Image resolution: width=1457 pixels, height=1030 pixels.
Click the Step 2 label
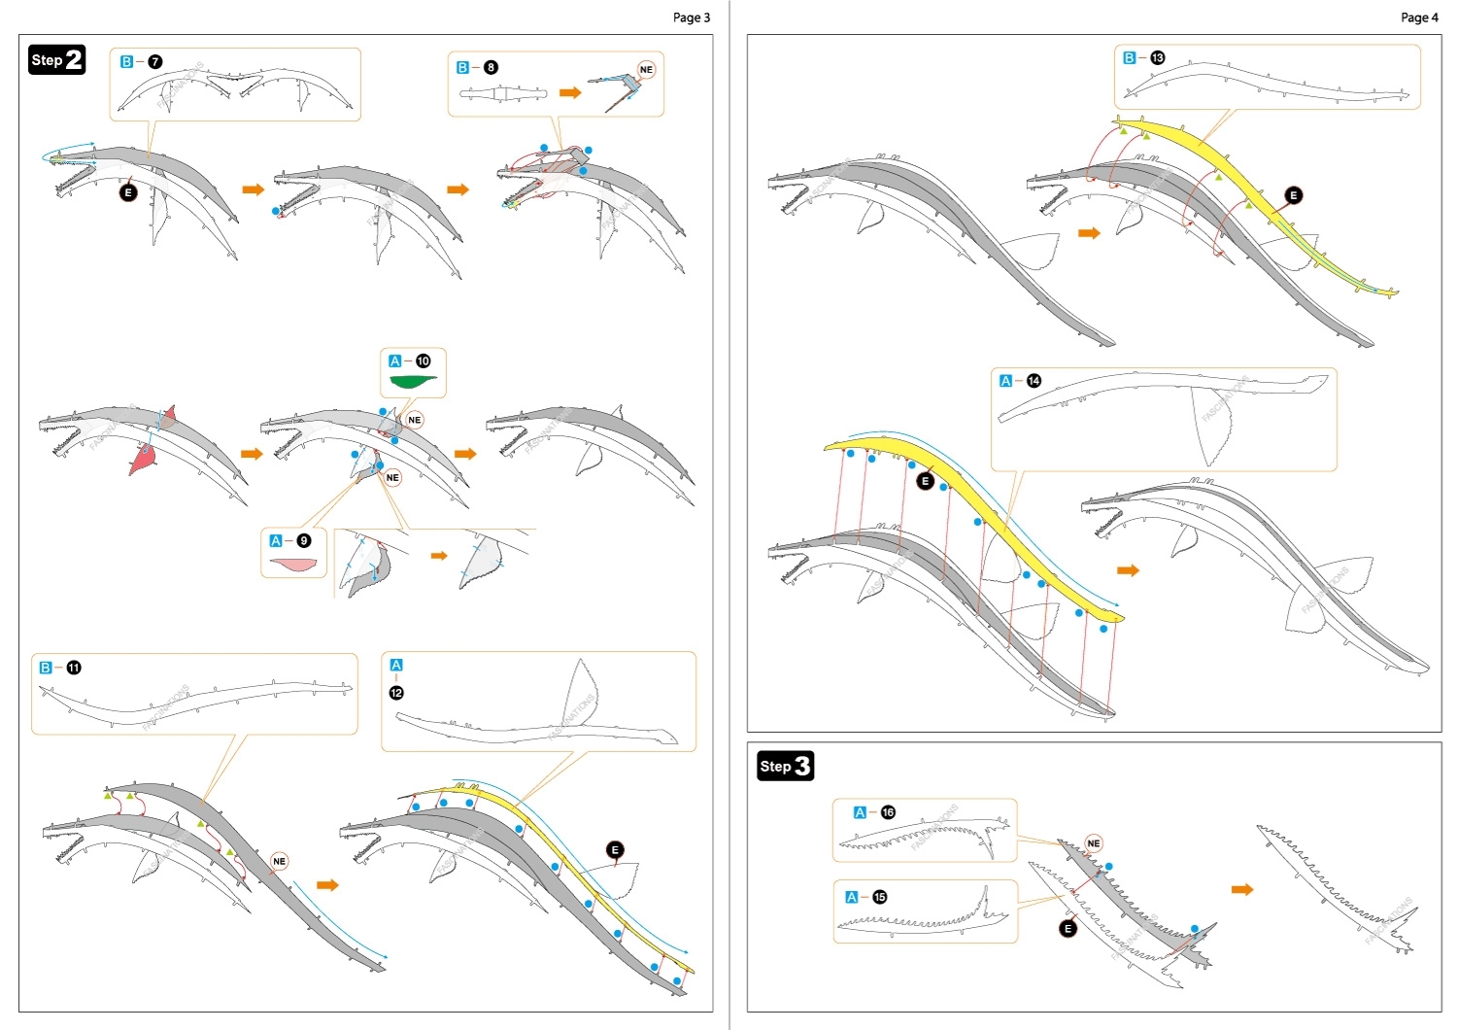[57, 60]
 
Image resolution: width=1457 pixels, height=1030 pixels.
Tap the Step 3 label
[785, 766]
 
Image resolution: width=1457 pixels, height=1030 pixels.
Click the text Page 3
[691, 17]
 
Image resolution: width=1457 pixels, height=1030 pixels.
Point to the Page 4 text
[1419, 17]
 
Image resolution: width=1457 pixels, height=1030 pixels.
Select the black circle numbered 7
[155, 62]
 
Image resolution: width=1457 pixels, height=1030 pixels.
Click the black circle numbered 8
[491, 68]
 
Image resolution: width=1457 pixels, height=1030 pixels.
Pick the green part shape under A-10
[413, 381]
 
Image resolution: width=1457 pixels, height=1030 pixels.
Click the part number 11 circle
[74, 669]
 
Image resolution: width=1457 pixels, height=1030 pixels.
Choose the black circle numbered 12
[396, 693]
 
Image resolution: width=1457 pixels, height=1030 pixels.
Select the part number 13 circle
[1157, 58]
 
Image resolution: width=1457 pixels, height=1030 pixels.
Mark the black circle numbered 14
[1033, 381]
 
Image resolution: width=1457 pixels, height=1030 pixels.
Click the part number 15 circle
[879, 897]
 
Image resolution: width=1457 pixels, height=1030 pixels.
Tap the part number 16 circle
[888, 812]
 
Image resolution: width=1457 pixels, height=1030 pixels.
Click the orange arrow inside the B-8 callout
[570, 92]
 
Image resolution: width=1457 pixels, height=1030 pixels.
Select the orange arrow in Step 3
[1242, 889]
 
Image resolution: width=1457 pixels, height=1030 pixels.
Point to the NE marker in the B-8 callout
[646, 70]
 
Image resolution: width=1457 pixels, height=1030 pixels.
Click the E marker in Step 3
[1067, 928]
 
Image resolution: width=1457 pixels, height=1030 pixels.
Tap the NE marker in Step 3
[1094, 843]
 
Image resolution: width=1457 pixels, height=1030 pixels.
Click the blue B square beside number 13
[1129, 58]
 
